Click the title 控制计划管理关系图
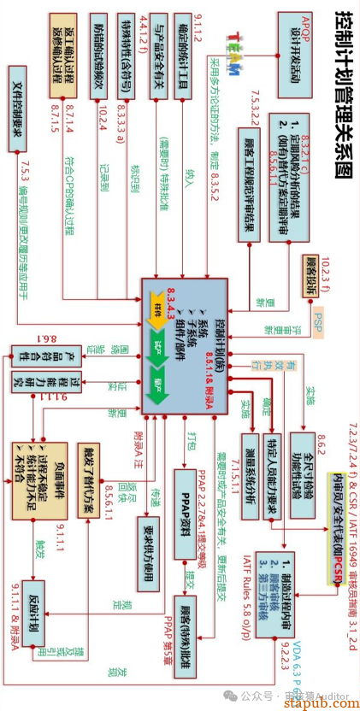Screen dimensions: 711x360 pyautogui.click(x=339, y=93)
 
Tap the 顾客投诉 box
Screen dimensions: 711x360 pyautogui.click(x=309, y=275)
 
